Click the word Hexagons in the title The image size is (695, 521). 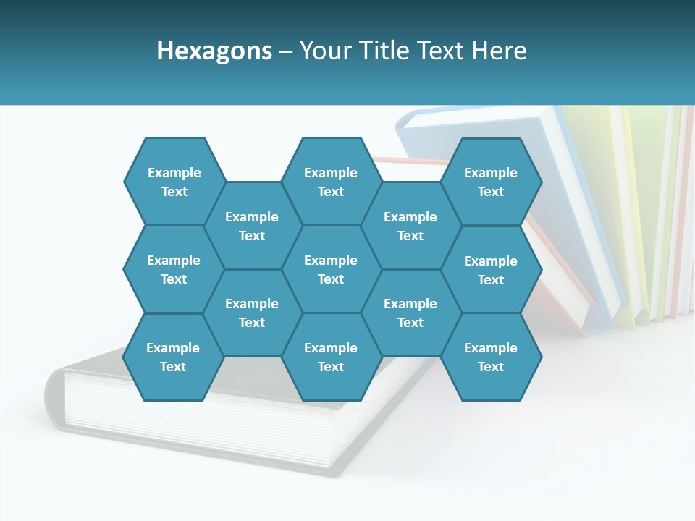pyautogui.click(x=214, y=51)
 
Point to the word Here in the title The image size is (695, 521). pyautogui.click(x=500, y=51)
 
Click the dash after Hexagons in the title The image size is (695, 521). pyautogui.click(x=285, y=51)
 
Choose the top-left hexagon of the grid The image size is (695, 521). pyautogui.click(x=174, y=182)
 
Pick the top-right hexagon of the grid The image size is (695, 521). pyautogui.click(x=491, y=182)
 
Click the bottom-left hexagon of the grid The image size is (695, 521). pyautogui.click(x=173, y=357)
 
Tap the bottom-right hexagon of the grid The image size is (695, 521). pyautogui.click(x=491, y=357)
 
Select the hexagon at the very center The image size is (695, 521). pyautogui.click(x=331, y=269)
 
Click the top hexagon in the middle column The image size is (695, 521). pyautogui.click(x=331, y=182)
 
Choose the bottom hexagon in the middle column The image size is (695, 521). pyautogui.click(x=331, y=357)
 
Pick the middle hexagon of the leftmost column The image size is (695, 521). pyautogui.click(x=174, y=269)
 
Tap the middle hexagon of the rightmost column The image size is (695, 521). pyautogui.click(x=491, y=270)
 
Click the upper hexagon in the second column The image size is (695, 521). pyautogui.click(x=252, y=226)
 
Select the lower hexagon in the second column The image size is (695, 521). pyautogui.click(x=252, y=313)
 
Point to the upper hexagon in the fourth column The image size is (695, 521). pyautogui.click(x=410, y=226)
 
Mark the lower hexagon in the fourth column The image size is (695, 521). pyautogui.click(x=410, y=313)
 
